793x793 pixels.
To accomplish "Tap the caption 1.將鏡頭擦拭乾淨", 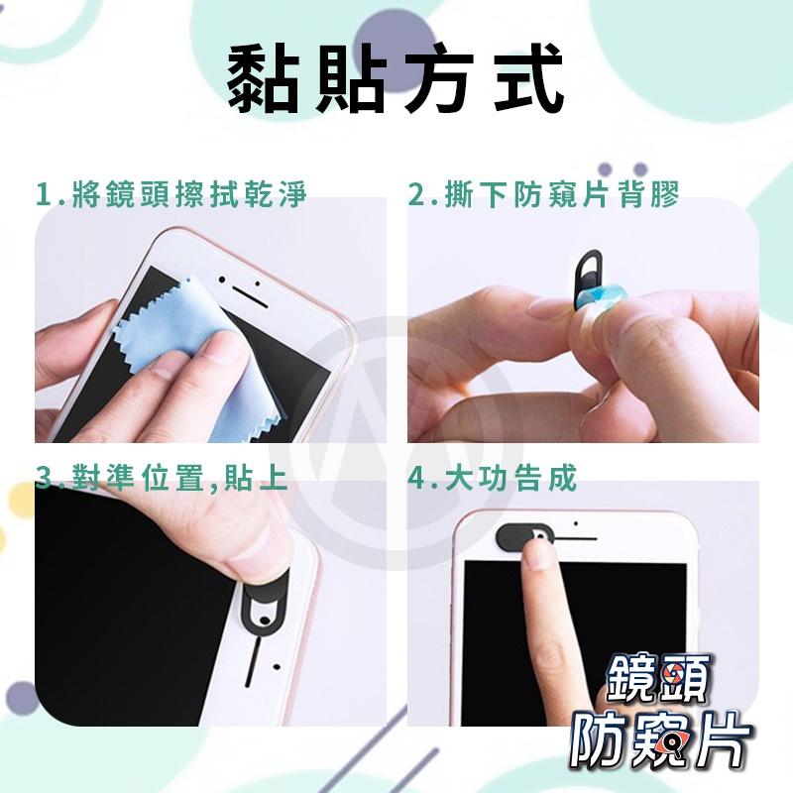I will (x=170, y=194).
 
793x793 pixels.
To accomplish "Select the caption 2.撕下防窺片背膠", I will (x=544, y=194).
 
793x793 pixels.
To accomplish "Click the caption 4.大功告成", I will (x=492, y=481).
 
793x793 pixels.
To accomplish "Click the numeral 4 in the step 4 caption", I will (x=416, y=481).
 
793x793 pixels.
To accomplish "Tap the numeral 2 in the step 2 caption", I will (x=417, y=194).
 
